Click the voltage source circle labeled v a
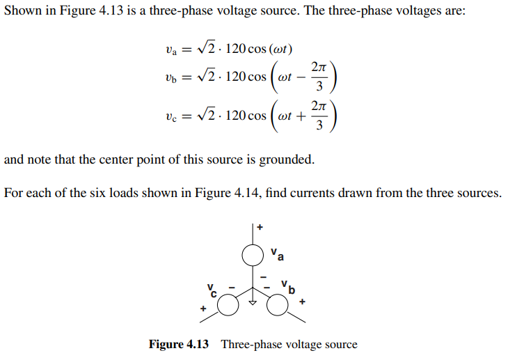click(x=253, y=256)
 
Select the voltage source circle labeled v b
click(x=278, y=304)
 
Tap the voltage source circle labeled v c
click(x=228, y=304)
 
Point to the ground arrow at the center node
click(x=253, y=302)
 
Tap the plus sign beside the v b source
click(x=302, y=303)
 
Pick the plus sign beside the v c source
click(x=204, y=307)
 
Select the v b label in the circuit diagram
click(x=287, y=286)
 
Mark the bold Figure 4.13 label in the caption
click(x=179, y=345)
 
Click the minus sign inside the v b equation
click(x=301, y=77)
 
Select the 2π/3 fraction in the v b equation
click(x=319, y=77)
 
